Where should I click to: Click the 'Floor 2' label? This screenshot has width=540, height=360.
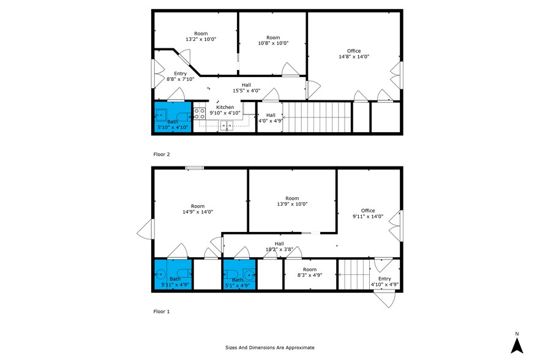pos(162,154)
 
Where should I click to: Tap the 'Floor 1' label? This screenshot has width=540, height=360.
pos(162,311)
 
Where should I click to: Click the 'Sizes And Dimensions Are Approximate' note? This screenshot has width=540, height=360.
pos(270,347)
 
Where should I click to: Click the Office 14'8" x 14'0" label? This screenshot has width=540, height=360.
pos(353,54)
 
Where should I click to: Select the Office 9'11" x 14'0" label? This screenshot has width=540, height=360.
pos(367,214)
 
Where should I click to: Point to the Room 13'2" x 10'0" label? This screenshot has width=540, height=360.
pos(201,36)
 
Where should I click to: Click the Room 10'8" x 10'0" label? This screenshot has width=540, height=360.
pos(272,40)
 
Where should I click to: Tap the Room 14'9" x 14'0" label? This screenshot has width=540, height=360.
pos(197,209)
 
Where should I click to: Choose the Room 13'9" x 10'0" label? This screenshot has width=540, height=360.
pos(291,201)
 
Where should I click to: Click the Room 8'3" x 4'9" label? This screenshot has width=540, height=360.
pos(310,272)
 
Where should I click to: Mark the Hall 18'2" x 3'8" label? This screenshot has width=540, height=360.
pos(279,246)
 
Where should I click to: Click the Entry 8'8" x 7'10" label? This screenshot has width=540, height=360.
pos(180,76)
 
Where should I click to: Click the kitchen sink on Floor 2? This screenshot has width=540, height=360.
pos(227,126)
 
